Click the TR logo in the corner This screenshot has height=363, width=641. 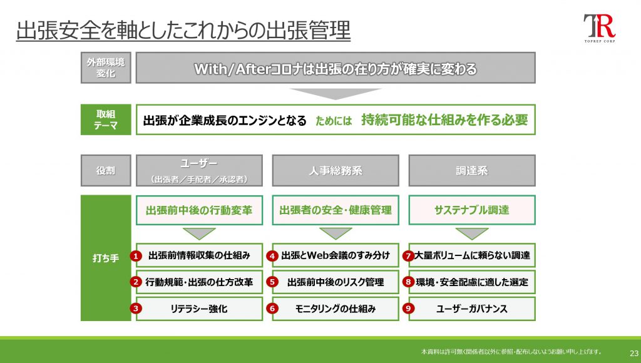pyautogui.click(x=599, y=28)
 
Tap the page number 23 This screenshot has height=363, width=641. pyautogui.click(x=633, y=353)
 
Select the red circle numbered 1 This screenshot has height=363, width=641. pyautogui.click(x=136, y=256)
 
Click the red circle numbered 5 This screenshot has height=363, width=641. pyautogui.click(x=272, y=282)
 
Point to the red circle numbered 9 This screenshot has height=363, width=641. pyautogui.click(x=408, y=308)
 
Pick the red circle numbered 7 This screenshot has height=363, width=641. pyautogui.click(x=408, y=256)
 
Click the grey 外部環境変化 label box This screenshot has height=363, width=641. pyautogui.click(x=106, y=68)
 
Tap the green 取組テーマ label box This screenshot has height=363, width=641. pyautogui.click(x=106, y=120)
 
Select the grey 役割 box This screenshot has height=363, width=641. pyautogui.click(x=106, y=170)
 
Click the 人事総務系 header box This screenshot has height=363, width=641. pyautogui.click(x=336, y=170)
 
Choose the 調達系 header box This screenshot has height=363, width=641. pyautogui.click(x=472, y=170)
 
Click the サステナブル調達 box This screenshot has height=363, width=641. pyautogui.click(x=472, y=210)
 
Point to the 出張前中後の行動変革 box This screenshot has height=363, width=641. pyautogui.click(x=199, y=210)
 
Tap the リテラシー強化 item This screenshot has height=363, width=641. pyautogui.click(x=199, y=309)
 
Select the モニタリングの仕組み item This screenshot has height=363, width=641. pyautogui.click(x=336, y=309)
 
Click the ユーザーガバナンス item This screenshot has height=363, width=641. pyautogui.click(x=472, y=309)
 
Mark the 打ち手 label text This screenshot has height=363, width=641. pyautogui.click(x=106, y=258)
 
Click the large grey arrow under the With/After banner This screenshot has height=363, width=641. pyautogui.click(x=336, y=94)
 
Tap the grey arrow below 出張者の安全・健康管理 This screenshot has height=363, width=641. pyautogui.click(x=336, y=233)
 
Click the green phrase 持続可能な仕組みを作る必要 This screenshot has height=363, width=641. pyautogui.click(x=445, y=120)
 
